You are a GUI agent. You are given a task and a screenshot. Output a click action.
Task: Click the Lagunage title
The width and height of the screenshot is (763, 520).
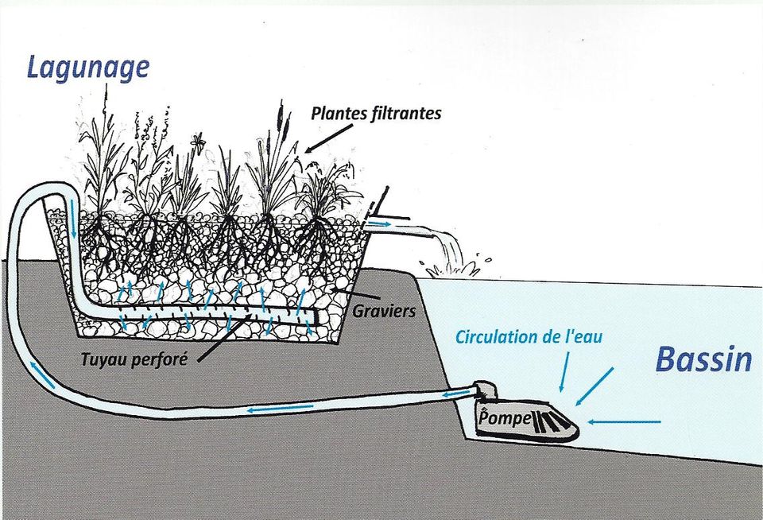point(87,68)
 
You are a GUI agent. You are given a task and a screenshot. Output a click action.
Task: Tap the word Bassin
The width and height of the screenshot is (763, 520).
point(703,359)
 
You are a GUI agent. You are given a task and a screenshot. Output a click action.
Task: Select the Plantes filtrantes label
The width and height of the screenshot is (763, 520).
point(376,114)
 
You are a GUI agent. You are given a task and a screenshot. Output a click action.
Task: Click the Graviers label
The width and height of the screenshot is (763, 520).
point(385,311)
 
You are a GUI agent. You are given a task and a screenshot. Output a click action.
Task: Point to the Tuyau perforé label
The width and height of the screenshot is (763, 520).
point(134,359)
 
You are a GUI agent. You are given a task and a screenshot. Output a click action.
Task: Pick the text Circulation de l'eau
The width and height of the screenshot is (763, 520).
point(529,336)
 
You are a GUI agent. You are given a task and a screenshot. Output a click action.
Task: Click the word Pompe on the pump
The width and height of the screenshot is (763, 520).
point(504,418)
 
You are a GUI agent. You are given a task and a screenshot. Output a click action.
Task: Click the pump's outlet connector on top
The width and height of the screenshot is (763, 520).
point(486,390)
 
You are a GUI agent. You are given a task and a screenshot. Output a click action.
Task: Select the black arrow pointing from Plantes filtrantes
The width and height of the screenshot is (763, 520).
point(329,138)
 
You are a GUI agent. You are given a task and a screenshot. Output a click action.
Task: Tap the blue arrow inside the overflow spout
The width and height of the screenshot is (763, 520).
point(378,224)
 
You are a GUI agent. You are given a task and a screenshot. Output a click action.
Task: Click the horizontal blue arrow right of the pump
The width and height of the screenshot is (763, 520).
point(625,421)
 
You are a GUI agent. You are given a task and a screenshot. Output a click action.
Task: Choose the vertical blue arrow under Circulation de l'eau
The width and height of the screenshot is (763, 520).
point(564,372)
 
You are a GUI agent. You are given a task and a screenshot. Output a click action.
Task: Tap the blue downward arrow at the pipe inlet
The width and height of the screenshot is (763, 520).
point(72,218)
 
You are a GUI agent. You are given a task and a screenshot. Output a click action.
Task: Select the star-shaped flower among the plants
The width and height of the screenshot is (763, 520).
point(198,141)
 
